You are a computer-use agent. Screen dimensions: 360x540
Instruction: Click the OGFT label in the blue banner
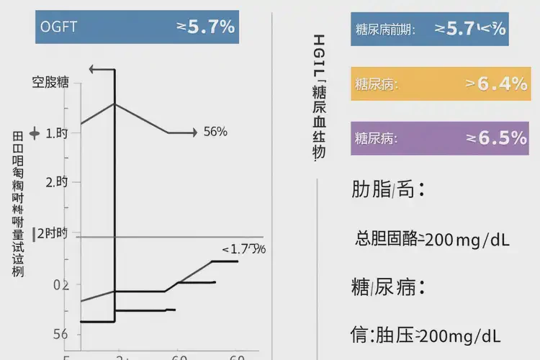[x=59, y=27]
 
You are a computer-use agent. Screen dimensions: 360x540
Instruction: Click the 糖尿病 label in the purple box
[x=376, y=138]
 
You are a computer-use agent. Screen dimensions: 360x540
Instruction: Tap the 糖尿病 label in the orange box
[x=376, y=84]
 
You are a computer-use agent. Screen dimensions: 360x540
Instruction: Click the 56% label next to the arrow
[x=215, y=132]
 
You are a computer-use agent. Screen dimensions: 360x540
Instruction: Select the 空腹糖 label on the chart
[x=50, y=81]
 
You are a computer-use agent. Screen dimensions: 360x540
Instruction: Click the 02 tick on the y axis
[x=61, y=284]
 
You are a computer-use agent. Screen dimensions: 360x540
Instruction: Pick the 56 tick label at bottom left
[x=60, y=333]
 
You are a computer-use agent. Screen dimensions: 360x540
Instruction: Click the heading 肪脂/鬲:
[x=387, y=191]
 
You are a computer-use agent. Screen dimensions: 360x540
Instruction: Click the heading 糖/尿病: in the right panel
[x=387, y=287]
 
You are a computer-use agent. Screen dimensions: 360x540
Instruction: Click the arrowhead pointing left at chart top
[x=91, y=70]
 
